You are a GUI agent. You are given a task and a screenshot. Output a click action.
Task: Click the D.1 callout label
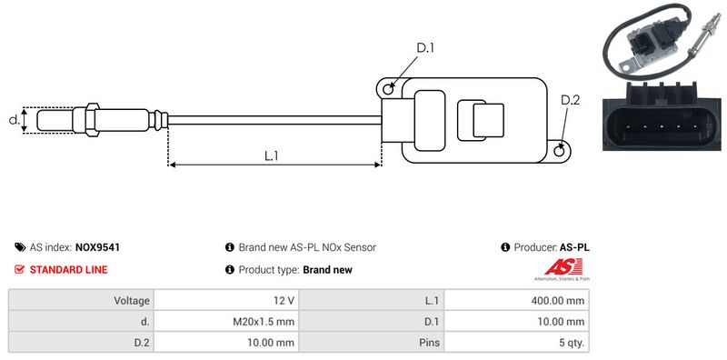(424, 48)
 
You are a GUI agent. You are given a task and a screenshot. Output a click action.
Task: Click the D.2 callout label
(570, 100)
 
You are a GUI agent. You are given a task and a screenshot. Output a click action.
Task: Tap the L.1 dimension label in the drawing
(271, 155)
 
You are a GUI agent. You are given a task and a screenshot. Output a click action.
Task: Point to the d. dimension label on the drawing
(15, 120)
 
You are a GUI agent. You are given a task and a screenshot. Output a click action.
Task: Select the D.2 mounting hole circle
(560, 151)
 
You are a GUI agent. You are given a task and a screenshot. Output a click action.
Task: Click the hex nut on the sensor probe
(92, 120)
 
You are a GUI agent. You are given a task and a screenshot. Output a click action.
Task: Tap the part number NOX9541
(97, 248)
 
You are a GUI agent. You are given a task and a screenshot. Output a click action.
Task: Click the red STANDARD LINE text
(68, 269)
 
